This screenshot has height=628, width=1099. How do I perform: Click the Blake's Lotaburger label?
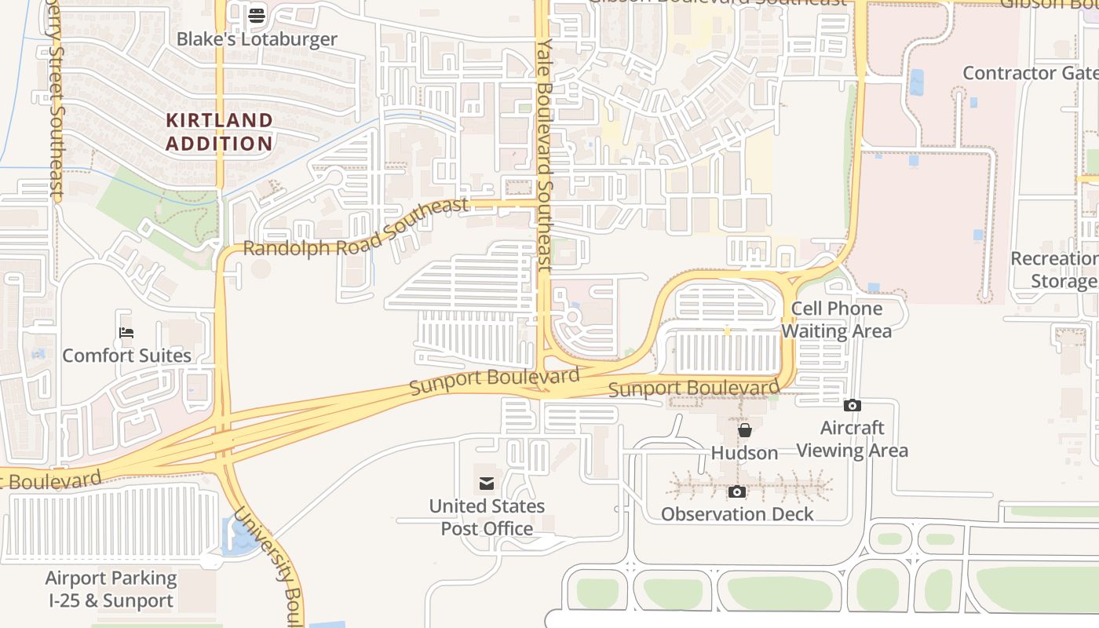click(x=257, y=39)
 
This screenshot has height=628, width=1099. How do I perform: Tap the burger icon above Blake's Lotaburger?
click(x=257, y=15)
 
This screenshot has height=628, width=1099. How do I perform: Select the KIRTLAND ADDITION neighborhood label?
click(x=219, y=132)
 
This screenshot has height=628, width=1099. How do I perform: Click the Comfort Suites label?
click(x=126, y=356)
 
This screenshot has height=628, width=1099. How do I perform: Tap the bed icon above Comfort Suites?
click(x=126, y=333)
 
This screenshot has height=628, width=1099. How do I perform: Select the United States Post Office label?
click(x=487, y=517)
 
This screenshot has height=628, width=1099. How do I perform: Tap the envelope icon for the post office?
click(x=487, y=483)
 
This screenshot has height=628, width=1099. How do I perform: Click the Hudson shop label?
click(x=744, y=453)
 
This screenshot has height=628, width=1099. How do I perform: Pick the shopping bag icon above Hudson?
click(x=744, y=430)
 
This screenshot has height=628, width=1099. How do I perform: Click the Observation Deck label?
click(x=737, y=514)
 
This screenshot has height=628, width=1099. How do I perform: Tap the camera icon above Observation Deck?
click(x=737, y=492)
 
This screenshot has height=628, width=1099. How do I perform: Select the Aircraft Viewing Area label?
click(x=852, y=440)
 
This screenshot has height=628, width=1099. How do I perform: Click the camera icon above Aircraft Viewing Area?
click(x=852, y=406)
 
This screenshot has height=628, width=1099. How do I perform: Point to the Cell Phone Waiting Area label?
click(x=836, y=319)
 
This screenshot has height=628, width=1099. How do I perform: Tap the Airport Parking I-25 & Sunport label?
click(x=110, y=590)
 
